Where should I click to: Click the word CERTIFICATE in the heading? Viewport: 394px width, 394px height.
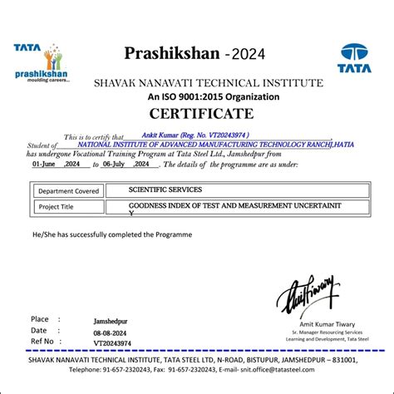point(196,114)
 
